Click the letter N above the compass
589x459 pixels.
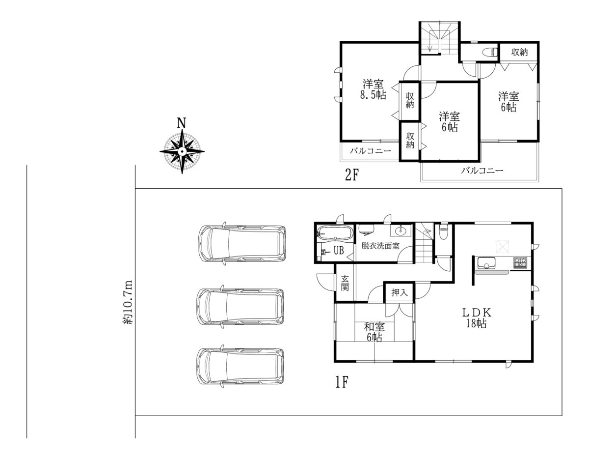coord(181,123)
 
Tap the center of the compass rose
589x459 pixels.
coord(182,151)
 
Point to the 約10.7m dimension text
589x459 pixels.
coord(128,302)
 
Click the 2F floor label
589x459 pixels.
coord(351,175)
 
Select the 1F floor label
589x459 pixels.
coord(342,382)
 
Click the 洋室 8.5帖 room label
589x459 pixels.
coord(373,89)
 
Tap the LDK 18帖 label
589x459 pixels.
coord(476,318)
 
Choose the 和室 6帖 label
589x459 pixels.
coord(375,332)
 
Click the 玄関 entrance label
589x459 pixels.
coord(345,283)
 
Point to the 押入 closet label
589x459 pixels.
coord(400,292)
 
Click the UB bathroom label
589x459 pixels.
coord(339,251)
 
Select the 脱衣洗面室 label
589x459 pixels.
coord(380,246)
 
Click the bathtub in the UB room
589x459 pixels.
coord(335,233)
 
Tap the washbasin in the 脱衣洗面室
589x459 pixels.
coord(401,231)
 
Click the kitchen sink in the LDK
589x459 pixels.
coord(486,263)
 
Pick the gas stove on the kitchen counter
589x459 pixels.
coord(520,262)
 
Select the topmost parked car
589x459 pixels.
coord(242,243)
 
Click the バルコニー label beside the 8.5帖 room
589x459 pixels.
coord(370,151)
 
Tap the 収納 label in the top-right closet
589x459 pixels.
coord(519,53)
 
